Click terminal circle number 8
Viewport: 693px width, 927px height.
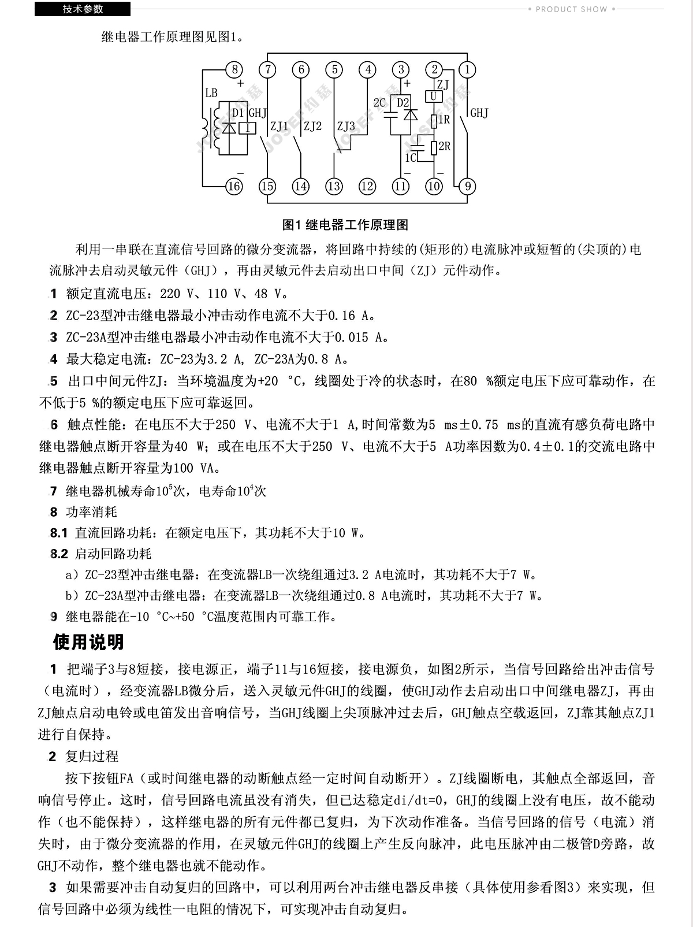pos(234,70)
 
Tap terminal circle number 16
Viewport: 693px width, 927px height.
pos(234,187)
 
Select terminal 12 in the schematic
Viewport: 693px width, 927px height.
pos(367,187)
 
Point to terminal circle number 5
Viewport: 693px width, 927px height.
pos(334,70)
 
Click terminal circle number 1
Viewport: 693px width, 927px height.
pos(467,70)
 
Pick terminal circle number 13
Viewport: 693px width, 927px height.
pos(334,187)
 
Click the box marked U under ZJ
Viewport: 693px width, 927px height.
pos(434,97)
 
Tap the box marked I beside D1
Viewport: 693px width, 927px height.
pos(248,128)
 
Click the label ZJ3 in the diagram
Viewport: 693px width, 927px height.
pos(346,126)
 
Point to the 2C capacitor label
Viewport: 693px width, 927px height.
pos(379,103)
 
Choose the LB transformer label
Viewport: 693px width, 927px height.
pos(211,92)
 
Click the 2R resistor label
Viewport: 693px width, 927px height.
pos(445,146)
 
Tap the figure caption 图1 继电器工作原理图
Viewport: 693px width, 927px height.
pos(346,224)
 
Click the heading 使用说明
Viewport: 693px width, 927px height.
pos(88,642)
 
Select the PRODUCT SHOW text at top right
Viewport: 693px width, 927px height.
pos(571,9)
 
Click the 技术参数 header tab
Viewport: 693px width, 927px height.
pos(83,9)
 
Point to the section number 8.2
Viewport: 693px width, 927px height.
pos(59,554)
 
